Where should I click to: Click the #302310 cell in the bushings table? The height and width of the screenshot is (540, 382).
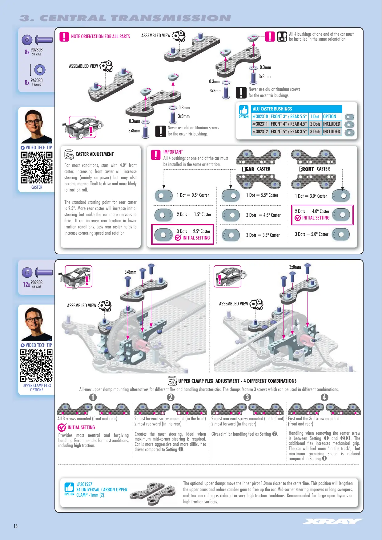pyautogui.click(x=260, y=116)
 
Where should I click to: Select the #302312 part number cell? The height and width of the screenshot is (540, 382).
pyautogui.click(x=260, y=131)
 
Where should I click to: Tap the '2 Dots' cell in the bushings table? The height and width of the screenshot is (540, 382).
pyautogui.click(x=315, y=124)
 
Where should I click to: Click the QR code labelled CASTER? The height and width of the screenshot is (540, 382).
pyautogui.click(x=37, y=168)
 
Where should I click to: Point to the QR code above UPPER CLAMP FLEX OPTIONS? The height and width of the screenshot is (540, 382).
pyautogui.click(x=37, y=365)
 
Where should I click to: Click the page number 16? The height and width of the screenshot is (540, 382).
pyautogui.click(x=15, y=526)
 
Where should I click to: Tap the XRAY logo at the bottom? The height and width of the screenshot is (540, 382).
pyautogui.click(x=332, y=521)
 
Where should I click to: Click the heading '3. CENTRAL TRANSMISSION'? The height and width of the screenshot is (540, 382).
pyautogui.click(x=125, y=18)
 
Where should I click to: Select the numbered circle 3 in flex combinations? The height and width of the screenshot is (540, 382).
pyautogui.click(x=247, y=397)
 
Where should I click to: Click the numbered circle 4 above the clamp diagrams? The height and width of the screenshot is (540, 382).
pyautogui.click(x=324, y=397)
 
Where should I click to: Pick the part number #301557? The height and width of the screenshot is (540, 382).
pyautogui.click(x=84, y=484)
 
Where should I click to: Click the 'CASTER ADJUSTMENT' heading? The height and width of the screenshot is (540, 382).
pyautogui.click(x=94, y=154)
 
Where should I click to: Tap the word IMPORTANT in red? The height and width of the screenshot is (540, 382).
pyautogui.click(x=173, y=152)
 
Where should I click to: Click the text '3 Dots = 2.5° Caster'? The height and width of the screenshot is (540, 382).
pyautogui.click(x=194, y=231)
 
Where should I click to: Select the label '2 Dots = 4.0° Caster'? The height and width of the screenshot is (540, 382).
pyautogui.click(x=312, y=211)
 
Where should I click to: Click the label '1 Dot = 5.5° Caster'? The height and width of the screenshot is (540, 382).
pyautogui.click(x=262, y=195)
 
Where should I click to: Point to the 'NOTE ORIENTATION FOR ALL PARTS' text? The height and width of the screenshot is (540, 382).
pyautogui.click(x=100, y=36)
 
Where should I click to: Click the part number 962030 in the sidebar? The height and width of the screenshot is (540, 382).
pyautogui.click(x=37, y=80)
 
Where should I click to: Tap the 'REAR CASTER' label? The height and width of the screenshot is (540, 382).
pyautogui.click(x=256, y=169)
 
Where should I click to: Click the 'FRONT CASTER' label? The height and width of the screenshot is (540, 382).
pyautogui.click(x=315, y=169)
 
